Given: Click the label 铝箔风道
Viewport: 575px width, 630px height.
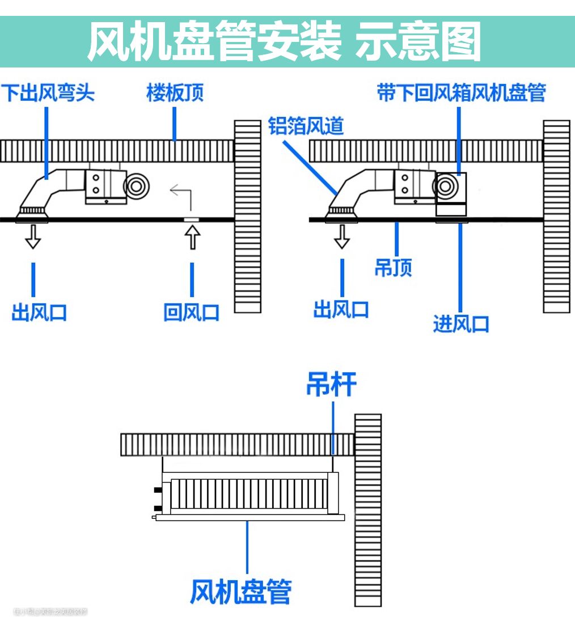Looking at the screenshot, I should (x=306, y=126).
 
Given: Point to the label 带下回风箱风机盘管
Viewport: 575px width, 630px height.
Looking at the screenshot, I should (x=461, y=92).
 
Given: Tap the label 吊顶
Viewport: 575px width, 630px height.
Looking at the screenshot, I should (x=393, y=267).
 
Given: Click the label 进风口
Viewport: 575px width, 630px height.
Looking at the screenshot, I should (x=460, y=324).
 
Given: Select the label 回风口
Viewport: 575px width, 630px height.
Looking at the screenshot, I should (x=192, y=312).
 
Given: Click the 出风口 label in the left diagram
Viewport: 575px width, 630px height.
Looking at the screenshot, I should (x=39, y=312).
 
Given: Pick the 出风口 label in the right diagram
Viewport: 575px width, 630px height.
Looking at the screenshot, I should (x=341, y=310).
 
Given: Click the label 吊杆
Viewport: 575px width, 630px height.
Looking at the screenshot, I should (x=332, y=384).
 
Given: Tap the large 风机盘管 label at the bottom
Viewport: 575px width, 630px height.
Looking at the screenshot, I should (x=241, y=591).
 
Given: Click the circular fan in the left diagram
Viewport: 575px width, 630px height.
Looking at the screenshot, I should (x=136, y=185).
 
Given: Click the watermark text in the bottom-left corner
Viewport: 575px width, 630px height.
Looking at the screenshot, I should (x=50, y=612).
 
